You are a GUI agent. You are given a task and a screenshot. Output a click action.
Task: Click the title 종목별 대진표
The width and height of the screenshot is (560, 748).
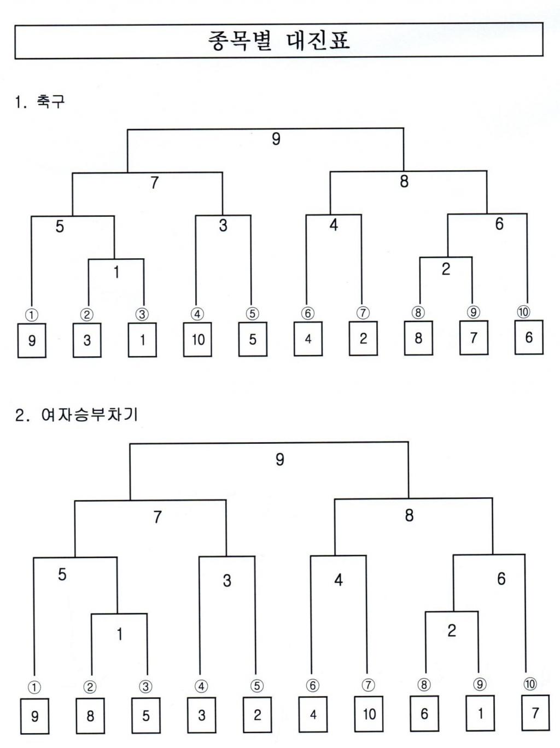[x=279, y=41]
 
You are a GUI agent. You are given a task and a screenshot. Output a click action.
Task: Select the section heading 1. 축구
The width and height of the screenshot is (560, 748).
[x=40, y=102]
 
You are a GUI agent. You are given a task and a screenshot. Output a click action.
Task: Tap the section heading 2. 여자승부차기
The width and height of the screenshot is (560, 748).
[x=76, y=415]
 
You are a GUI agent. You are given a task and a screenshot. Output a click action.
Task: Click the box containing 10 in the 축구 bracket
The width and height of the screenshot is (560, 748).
[x=197, y=339]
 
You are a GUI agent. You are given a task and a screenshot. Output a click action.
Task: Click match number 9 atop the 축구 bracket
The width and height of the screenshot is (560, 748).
[x=276, y=138]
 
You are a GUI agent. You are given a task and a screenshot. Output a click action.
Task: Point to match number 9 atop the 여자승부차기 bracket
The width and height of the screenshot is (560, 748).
[x=279, y=460]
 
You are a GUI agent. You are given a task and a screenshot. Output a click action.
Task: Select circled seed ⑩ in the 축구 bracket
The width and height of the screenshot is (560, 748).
[x=523, y=312]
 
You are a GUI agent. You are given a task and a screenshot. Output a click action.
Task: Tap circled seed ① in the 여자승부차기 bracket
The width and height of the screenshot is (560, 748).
[x=34, y=687]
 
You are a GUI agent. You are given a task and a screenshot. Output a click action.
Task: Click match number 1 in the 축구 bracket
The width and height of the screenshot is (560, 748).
[x=116, y=272]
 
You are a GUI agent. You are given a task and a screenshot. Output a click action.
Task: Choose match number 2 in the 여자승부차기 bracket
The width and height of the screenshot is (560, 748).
[x=452, y=631]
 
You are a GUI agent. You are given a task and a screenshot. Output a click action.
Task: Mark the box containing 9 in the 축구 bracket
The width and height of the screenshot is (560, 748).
[x=32, y=340]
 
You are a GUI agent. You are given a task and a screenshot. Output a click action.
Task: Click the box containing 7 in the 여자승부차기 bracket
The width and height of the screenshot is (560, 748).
[x=535, y=713]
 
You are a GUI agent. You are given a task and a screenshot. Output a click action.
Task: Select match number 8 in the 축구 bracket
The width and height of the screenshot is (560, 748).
[x=404, y=181]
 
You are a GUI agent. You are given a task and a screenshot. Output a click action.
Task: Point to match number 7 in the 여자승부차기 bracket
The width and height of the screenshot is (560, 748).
[x=157, y=517]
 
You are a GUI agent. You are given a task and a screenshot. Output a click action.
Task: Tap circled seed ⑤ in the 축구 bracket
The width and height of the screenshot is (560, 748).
[x=252, y=313]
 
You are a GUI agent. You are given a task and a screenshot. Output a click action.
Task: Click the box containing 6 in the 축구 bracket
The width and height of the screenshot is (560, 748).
[x=529, y=338]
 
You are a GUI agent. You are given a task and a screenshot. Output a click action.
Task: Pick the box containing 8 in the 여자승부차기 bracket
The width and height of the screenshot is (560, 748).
[x=90, y=716]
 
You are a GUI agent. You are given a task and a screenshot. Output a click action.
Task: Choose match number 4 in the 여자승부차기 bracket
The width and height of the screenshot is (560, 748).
[x=339, y=580]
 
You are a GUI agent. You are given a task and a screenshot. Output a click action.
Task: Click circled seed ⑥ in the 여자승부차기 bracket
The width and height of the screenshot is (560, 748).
[x=312, y=685]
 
